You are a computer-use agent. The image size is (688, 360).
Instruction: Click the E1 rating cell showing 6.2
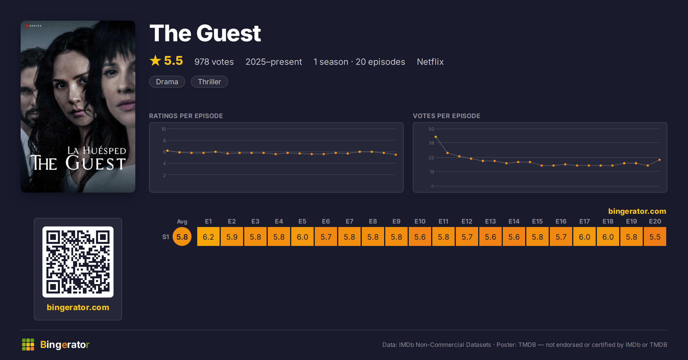[208, 237]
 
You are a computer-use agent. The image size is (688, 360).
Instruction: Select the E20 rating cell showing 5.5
[655, 237]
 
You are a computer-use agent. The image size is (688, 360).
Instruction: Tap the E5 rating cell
[302, 237]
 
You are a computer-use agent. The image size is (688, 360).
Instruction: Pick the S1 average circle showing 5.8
[182, 237]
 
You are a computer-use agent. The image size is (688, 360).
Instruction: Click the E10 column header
[420, 221]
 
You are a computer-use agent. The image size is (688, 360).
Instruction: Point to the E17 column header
[585, 221]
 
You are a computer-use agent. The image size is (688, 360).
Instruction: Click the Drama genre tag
[167, 82]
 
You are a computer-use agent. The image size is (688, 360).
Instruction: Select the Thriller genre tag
[210, 82]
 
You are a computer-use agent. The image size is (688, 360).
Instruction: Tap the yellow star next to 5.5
[155, 60]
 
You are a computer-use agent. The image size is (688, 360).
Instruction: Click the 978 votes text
[214, 62]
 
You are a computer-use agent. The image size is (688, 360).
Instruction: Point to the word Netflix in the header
[430, 62]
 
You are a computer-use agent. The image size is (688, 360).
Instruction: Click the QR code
[78, 262]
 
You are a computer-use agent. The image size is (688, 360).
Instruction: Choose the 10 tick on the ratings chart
[164, 129]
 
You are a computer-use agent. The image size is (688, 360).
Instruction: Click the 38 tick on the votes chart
[431, 143]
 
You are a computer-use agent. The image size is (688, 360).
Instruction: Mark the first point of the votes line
[436, 137]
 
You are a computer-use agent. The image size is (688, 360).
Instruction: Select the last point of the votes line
[660, 160]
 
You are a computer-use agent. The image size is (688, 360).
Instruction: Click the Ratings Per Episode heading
[186, 116]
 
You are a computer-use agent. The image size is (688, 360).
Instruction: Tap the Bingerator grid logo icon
[28, 345]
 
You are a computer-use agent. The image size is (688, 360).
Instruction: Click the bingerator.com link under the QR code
[78, 307]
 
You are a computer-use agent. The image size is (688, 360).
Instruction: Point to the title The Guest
[205, 33]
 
